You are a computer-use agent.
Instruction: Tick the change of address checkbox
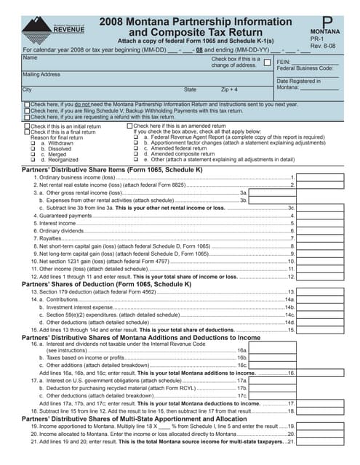(x=266, y=62)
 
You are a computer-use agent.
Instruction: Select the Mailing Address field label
(x=41, y=74)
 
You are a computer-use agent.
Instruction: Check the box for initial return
(x=27, y=126)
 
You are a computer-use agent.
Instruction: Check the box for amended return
(x=129, y=126)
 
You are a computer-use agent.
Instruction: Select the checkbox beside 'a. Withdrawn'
(x=33, y=144)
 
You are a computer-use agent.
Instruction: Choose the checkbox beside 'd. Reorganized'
(x=33, y=159)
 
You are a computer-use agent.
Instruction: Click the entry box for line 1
(x=319, y=177)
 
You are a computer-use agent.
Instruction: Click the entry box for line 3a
(x=273, y=193)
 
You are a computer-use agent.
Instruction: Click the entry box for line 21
(x=319, y=441)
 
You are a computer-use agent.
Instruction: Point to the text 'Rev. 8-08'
(x=327, y=44)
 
